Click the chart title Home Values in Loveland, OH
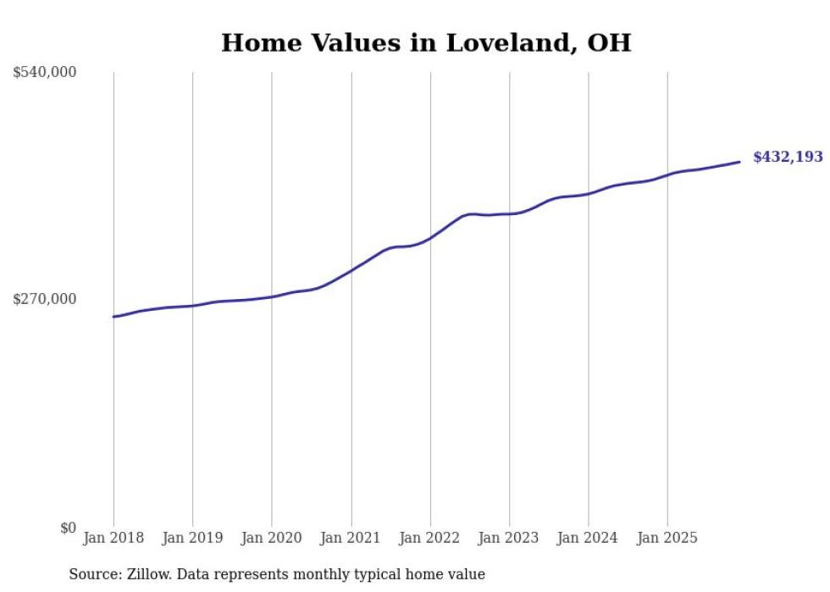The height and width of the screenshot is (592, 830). (426, 42)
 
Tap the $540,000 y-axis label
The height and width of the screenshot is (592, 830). (45, 73)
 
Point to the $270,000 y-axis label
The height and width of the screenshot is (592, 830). (45, 299)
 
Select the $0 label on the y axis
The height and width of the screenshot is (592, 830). (68, 528)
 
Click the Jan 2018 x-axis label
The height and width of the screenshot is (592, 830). (113, 538)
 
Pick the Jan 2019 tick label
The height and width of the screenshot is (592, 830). (192, 538)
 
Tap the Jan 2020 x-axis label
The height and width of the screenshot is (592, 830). (272, 538)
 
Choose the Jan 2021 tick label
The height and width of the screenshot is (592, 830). (351, 538)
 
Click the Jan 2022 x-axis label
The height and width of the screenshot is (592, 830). (430, 538)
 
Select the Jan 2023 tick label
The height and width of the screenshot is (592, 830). (509, 538)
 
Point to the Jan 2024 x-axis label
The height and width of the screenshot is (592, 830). (589, 538)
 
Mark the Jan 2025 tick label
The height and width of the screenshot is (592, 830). (667, 538)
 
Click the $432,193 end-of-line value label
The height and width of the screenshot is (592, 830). (788, 158)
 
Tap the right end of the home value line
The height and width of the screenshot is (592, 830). (740, 162)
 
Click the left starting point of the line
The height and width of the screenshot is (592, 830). (113, 317)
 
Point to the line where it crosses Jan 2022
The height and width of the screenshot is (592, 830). (430, 238)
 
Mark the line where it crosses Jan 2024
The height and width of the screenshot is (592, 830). (589, 194)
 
